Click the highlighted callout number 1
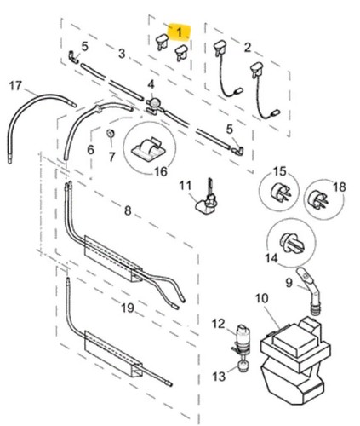180,32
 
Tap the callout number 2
248,48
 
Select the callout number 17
15,85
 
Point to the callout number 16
161,171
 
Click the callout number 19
128,308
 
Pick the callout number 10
261,298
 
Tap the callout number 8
128,210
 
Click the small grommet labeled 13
243,366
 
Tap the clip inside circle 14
292,243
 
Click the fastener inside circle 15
281,193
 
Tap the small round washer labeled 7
110,133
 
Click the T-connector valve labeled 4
153,106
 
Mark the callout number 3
122,54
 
